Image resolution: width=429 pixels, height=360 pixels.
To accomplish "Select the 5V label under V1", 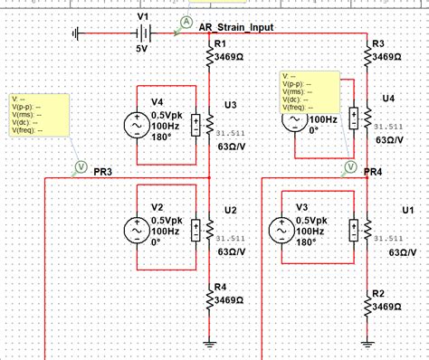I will tap(143, 49).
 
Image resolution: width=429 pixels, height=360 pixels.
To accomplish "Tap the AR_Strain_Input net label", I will tap(236, 27).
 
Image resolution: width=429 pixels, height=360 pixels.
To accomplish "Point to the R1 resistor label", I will tap(217, 43).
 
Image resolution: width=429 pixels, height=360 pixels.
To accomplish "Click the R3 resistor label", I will tap(378, 43).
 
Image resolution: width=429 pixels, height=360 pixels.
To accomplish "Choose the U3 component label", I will tap(230, 105).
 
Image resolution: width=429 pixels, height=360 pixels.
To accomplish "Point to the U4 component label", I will tap(388, 97).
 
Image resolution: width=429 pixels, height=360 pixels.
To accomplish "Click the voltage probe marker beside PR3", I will tap(79, 166).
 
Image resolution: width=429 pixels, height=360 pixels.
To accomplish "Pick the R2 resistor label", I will tap(378, 293).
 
